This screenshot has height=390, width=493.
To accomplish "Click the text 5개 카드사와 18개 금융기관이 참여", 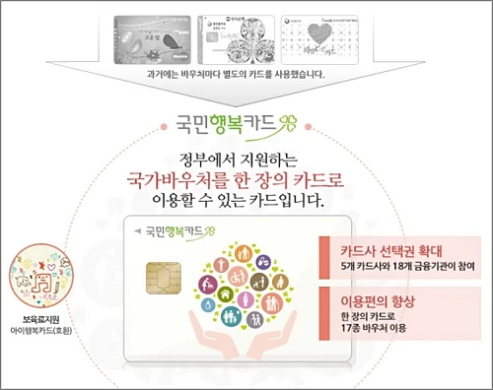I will click(x=400, y=266).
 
